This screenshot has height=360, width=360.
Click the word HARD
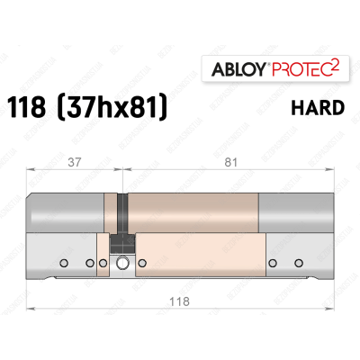tap(318, 108)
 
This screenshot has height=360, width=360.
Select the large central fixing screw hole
tap(121, 263)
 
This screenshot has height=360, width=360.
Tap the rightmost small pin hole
tap(298, 263)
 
